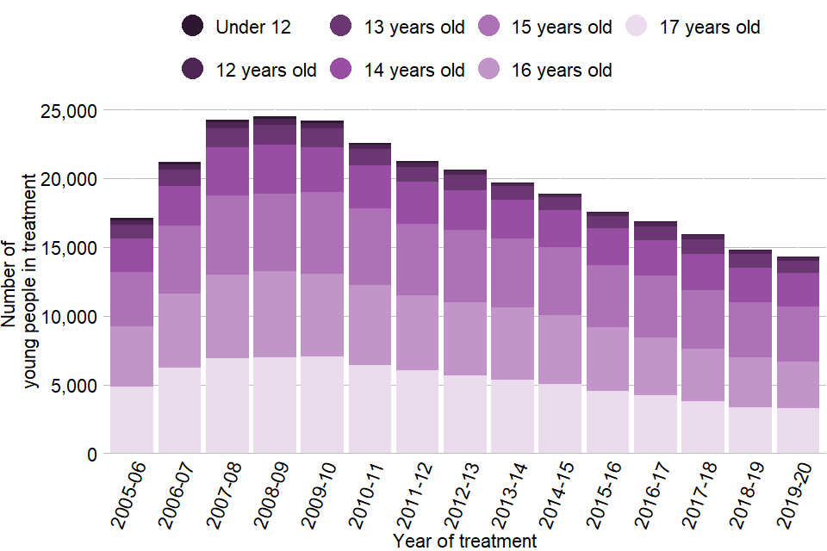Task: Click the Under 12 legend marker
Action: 192,27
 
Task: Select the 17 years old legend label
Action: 709,27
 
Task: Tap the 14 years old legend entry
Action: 413,70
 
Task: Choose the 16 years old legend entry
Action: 561,70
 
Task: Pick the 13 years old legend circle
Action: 340,27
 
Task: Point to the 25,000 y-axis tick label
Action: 66,110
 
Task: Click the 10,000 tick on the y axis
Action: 66,317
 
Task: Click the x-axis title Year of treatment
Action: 464,541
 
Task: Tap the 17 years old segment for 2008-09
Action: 274,405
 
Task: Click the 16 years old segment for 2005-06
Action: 132,356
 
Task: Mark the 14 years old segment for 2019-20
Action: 798,289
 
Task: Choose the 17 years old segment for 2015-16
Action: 607,422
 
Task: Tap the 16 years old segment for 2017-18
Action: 702,375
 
